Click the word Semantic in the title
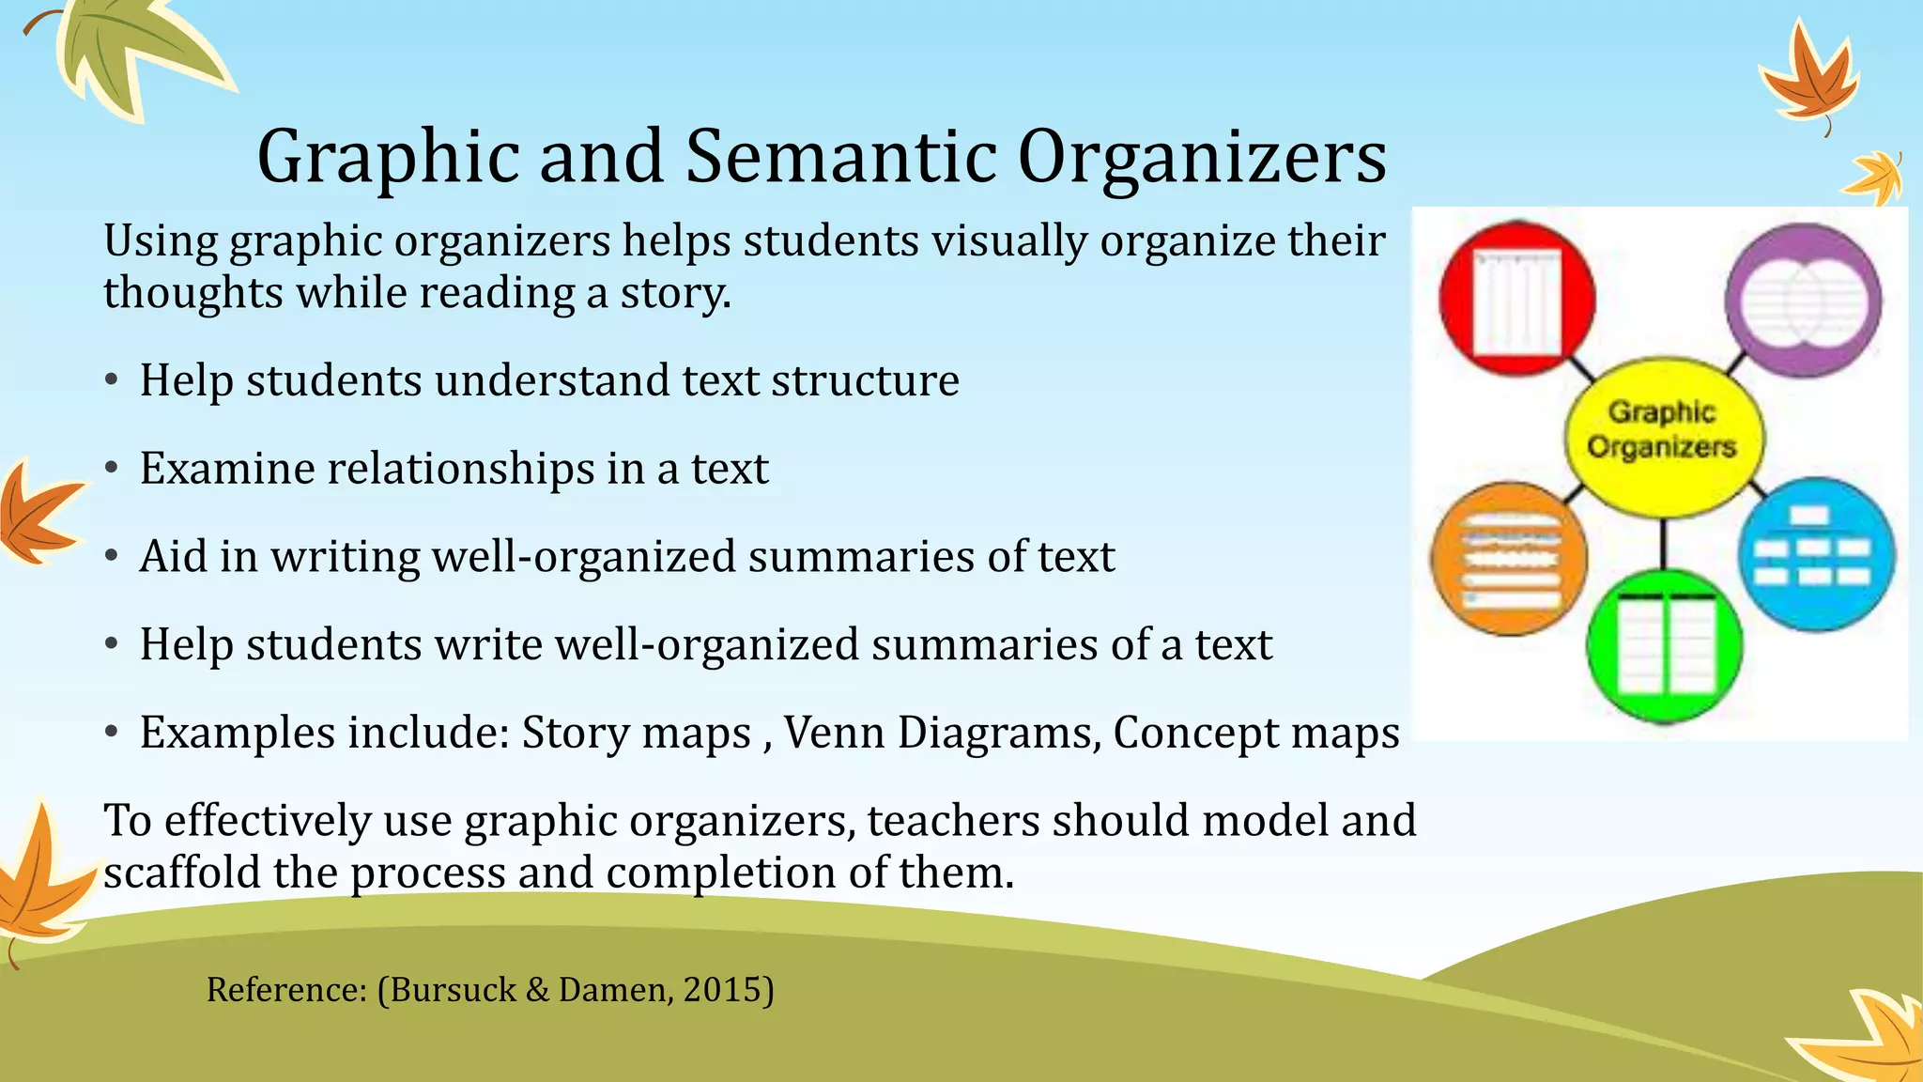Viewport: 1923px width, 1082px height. click(840, 156)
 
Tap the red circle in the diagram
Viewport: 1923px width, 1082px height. click(1516, 299)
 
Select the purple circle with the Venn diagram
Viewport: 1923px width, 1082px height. click(1804, 301)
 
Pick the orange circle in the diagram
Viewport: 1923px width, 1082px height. click(1509, 559)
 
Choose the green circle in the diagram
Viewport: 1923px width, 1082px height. click(1664, 646)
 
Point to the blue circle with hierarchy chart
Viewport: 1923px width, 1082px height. click(1816, 554)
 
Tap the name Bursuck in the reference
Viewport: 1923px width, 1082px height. click(453, 990)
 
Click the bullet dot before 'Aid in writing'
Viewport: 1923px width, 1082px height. click(112, 556)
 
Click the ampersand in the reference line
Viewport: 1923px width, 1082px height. click(537, 990)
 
